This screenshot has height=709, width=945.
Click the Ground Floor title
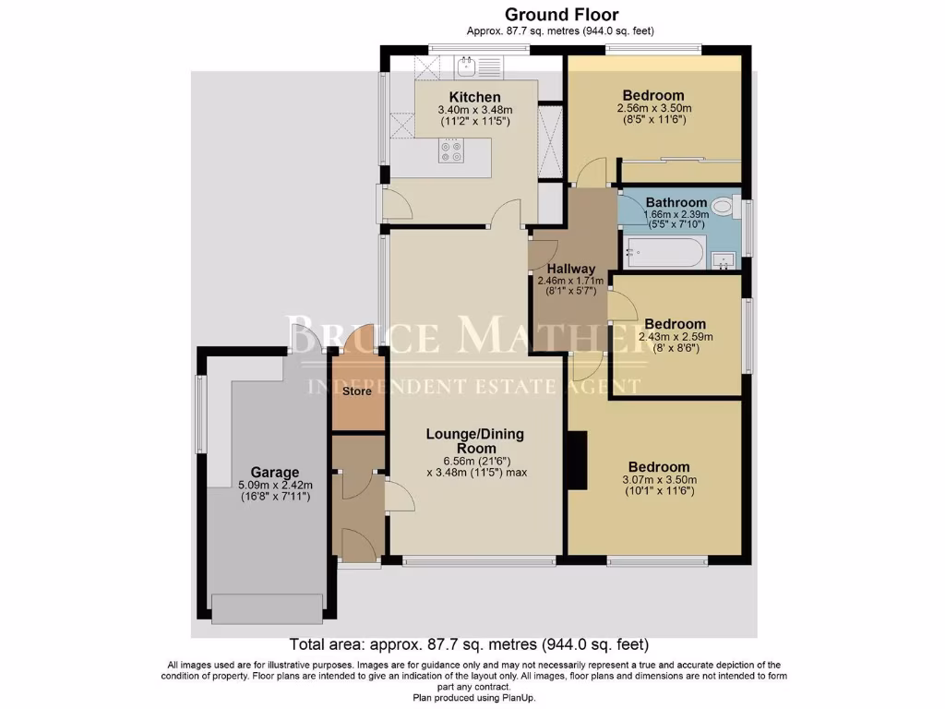pos(561,14)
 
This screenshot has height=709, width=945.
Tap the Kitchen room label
pos(474,97)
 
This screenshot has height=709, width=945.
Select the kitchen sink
pos(468,65)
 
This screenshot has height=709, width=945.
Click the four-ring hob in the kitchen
pos(451,151)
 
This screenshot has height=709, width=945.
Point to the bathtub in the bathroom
pos(664,251)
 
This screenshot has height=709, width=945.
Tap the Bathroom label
pos(676,202)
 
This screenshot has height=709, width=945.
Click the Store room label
pos(357,391)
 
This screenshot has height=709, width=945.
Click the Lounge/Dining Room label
pos(474,440)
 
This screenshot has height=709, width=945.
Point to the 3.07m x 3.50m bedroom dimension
pos(659,479)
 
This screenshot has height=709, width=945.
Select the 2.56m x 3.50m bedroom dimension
pos(653,108)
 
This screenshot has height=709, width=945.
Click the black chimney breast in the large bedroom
pos(577,463)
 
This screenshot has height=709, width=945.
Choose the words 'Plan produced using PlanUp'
pos(473,698)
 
